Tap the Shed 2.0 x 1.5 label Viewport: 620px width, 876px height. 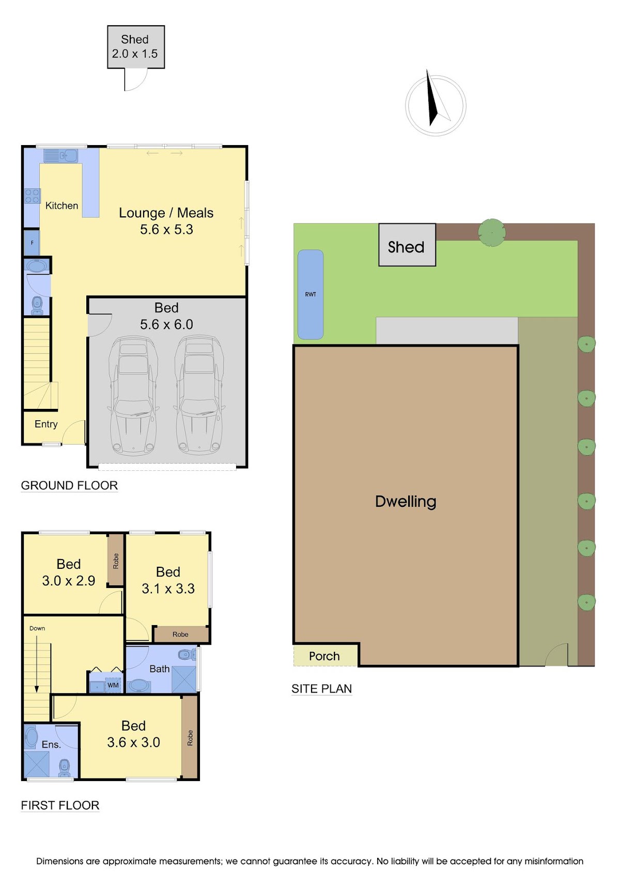tap(135, 46)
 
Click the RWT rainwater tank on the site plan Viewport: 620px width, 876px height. tap(311, 294)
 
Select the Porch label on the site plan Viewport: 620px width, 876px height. tap(324, 656)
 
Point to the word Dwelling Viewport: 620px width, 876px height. tap(406, 501)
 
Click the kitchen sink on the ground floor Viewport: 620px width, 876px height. tap(61, 156)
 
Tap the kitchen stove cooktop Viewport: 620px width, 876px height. tap(32, 196)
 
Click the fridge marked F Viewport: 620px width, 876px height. tap(32, 243)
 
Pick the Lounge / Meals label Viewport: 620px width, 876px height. tap(166, 213)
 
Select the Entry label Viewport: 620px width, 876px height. tap(46, 424)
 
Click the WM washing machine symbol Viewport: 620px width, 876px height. tap(113, 685)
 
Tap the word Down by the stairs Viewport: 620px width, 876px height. tap(37, 628)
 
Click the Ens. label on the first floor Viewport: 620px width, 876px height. tap(51, 744)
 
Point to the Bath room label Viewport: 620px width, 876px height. tap(159, 668)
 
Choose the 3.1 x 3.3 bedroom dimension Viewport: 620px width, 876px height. tap(168, 588)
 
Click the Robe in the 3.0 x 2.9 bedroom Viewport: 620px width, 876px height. tap(115, 561)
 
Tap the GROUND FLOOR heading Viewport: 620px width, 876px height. tap(69, 485)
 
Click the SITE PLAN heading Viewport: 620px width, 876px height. tap(321, 689)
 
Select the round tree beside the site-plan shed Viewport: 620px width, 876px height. tap(492, 233)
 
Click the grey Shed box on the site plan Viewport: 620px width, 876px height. tap(407, 245)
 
